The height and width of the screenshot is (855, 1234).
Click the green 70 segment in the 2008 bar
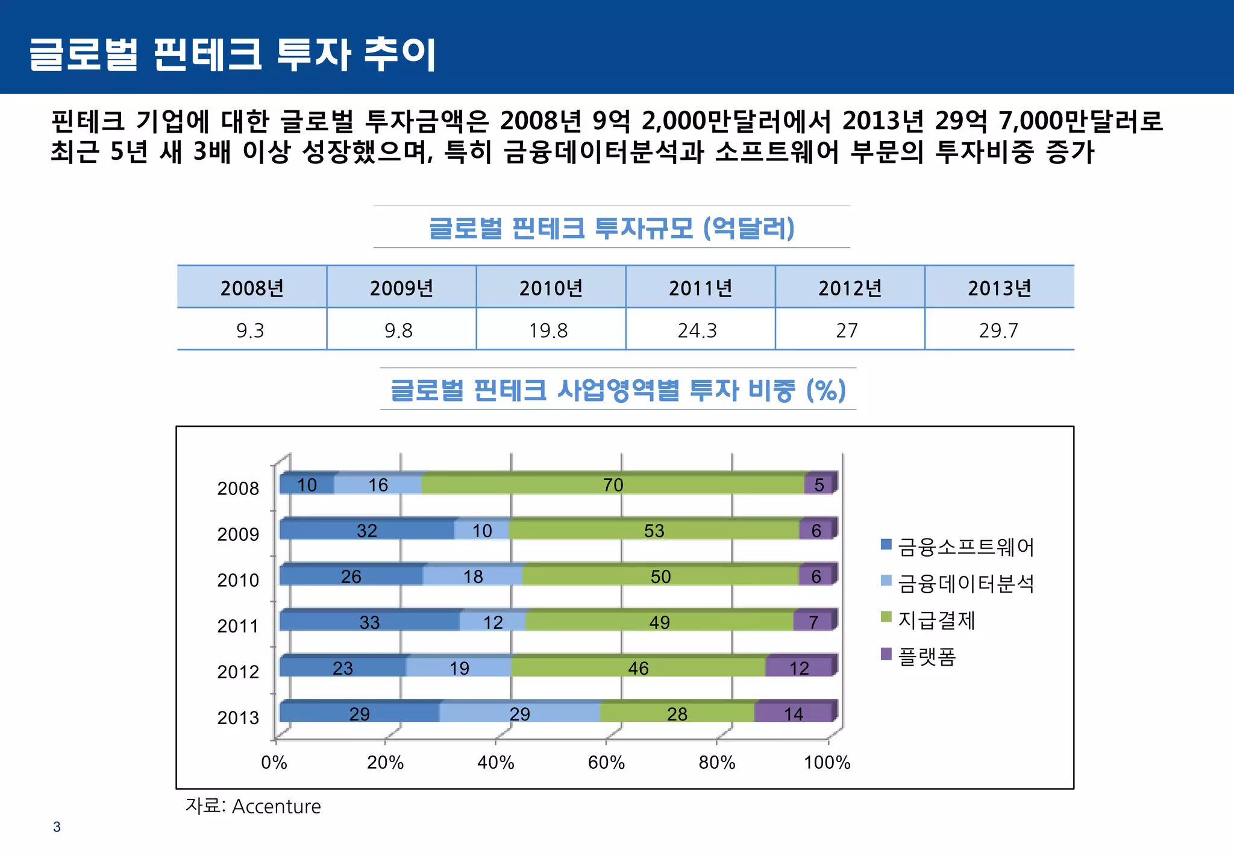pos(613,485)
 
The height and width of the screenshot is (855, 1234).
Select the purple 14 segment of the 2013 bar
pos(793,714)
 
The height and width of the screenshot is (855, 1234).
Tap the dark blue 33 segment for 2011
pos(369,622)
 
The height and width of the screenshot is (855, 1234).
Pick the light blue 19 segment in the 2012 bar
pos(459,668)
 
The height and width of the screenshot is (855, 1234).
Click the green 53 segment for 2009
pos(654,531)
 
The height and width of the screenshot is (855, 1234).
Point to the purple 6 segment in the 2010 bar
pos(816,576)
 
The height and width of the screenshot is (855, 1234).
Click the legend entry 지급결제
pos(936,620)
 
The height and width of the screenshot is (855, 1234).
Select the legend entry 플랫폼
pos(927,656)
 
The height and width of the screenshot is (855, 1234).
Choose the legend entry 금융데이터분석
pos(965,584)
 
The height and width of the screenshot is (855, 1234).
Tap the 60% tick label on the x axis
pos(606,763)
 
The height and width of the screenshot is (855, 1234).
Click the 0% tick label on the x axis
pos(274,763)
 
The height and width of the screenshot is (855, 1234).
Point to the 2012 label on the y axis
pos(238,672)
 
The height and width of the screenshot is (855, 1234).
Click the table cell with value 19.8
pos(549,330)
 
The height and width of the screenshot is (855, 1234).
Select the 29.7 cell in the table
pos(998,330)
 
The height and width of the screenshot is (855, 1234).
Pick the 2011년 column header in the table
pos(700,288)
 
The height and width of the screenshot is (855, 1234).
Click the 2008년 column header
pos(252,288)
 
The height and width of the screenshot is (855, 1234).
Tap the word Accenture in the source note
pos(277,807)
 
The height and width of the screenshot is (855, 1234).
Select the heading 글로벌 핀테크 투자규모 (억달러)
pos(612,228)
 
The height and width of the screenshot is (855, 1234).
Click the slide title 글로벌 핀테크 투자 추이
pos(233,54)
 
